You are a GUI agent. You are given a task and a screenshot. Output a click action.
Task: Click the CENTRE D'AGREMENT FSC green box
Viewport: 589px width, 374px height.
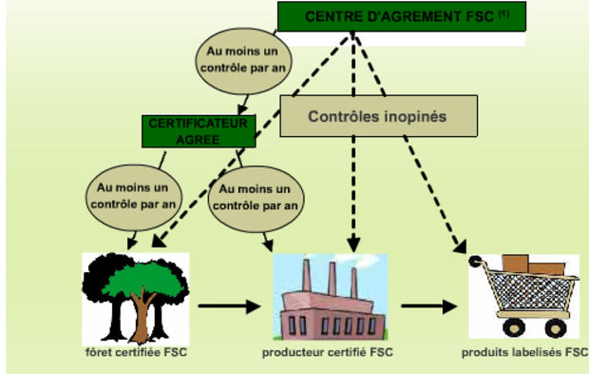pos(402,16)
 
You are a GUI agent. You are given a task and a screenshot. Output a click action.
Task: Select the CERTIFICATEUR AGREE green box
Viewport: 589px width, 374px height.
pos(199,131)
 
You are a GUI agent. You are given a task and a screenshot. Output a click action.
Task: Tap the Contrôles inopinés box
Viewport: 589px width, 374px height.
pos(379,116)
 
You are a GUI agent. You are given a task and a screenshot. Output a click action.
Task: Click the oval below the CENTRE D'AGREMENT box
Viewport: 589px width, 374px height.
pos(243,61)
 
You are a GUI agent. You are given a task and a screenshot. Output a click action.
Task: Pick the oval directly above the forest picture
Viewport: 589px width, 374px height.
pos(134,198)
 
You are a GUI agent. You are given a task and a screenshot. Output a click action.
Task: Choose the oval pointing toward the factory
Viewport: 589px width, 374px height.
pos(256,199)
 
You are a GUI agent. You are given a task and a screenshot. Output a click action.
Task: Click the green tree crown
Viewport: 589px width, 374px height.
pos(144,279)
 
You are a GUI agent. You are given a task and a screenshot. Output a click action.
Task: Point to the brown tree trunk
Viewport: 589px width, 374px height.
pos(142,316)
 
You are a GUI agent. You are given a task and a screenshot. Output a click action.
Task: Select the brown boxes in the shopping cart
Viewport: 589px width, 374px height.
pos(533,265)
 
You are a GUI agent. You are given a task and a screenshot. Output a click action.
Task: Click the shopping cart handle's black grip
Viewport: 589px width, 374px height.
pos(475,261)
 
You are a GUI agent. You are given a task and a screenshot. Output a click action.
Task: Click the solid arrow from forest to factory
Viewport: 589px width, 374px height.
pos(229,305)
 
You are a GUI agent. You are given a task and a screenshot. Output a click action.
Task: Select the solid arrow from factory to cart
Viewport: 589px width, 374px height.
pos(429,306)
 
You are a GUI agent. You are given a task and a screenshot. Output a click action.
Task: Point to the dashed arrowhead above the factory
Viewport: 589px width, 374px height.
pos(353,245)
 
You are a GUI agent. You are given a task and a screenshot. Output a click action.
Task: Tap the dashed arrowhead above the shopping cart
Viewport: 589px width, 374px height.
pos(461,246)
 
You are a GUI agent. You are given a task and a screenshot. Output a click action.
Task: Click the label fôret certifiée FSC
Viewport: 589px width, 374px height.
pos(137,352)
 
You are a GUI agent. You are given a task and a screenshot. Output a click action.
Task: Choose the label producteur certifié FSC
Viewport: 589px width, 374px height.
pos(328,352)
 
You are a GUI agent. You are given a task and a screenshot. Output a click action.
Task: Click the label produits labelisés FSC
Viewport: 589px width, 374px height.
pos(524,352)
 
